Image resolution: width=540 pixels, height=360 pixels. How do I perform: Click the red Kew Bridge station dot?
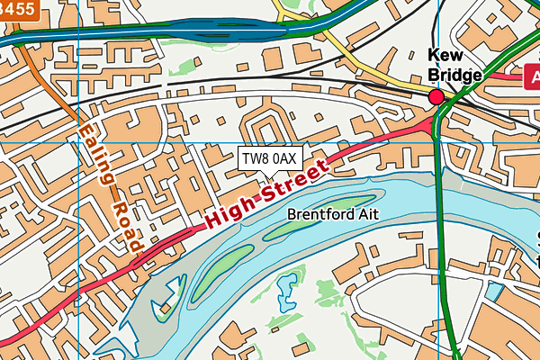(436, 96)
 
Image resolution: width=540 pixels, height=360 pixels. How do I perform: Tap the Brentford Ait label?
(333, 215)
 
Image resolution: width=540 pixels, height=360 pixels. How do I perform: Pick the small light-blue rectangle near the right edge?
(492, 291)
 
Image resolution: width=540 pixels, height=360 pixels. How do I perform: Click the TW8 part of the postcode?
(255, 158)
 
